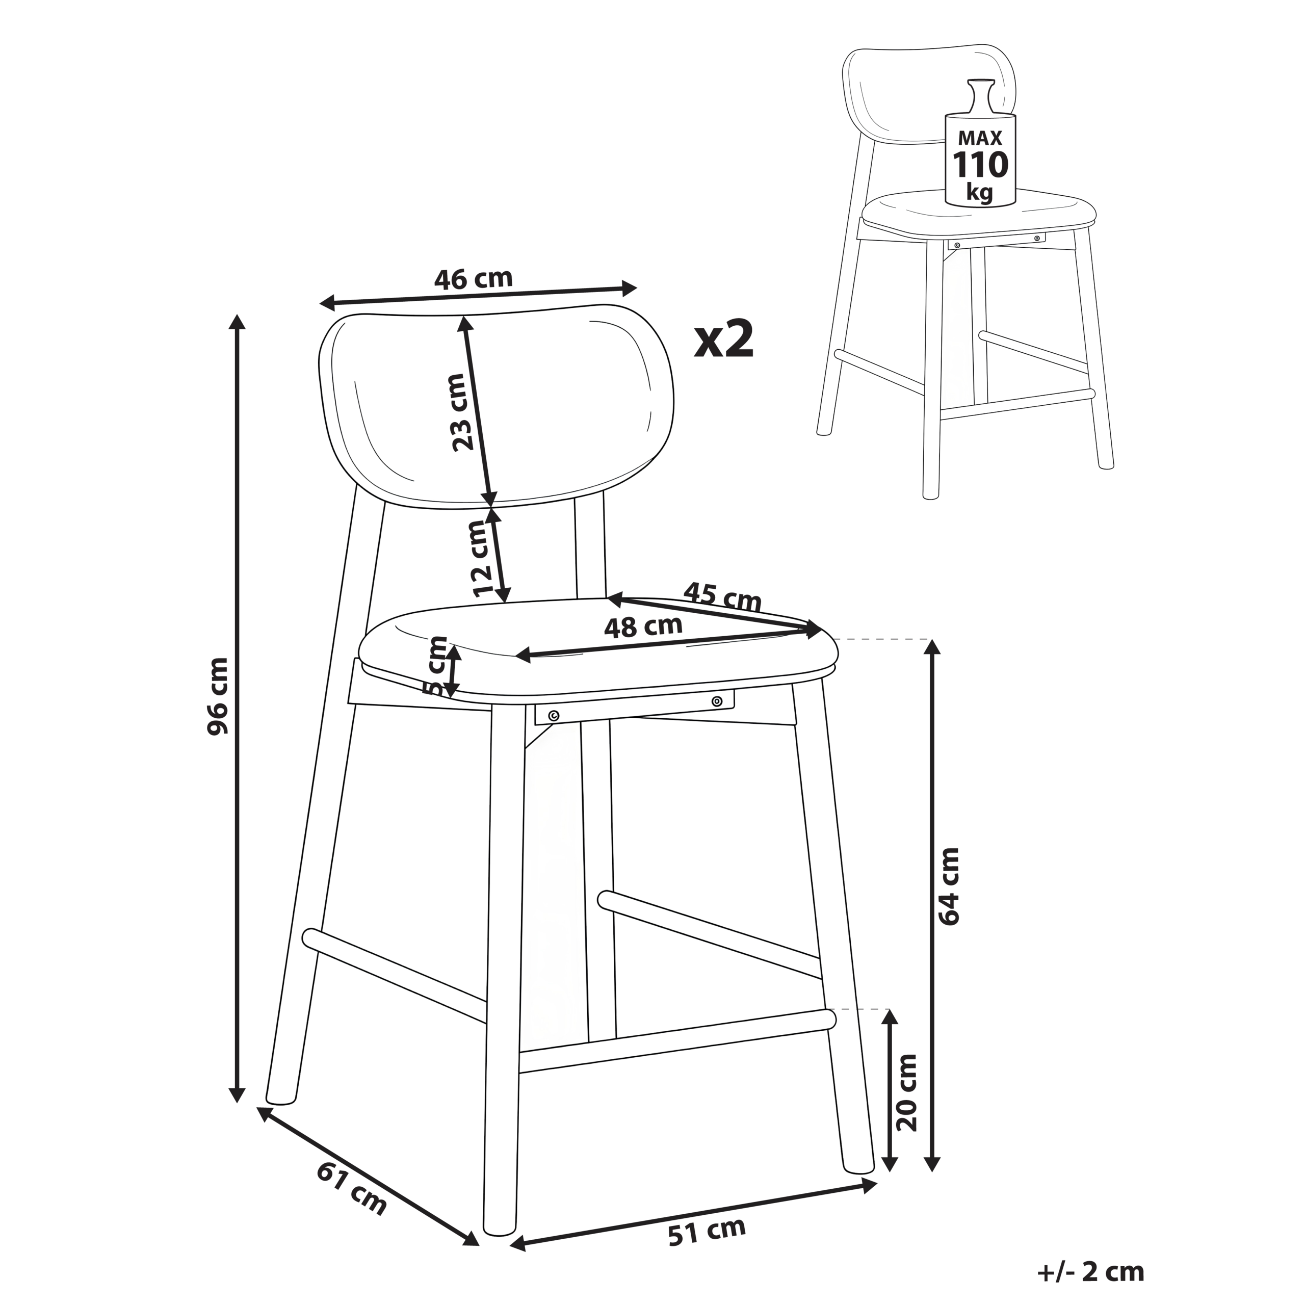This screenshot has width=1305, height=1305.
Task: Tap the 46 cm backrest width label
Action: [474, 278]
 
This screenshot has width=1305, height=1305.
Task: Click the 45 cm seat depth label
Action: [722, 596]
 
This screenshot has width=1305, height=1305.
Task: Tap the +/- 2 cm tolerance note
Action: [1091, 1272]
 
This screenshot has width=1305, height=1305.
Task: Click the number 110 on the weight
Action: [980, 164]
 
